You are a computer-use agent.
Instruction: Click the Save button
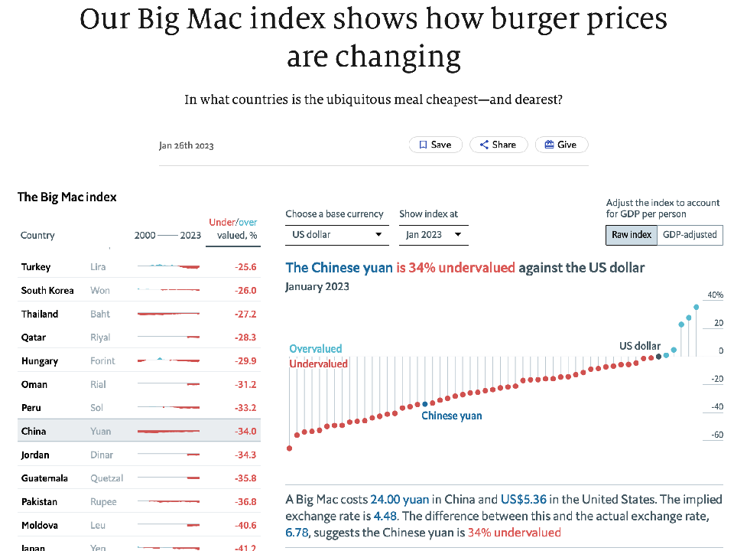pos(435,145)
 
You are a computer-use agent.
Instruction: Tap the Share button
pos(494,145)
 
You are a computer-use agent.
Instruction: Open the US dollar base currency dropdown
pos(336,235)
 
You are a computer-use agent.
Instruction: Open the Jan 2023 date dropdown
pos(434,235)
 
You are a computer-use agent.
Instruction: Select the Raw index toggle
pos(632,235)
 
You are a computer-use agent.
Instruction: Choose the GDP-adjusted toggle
pos(690,235)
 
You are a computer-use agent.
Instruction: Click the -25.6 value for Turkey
pos(245,267)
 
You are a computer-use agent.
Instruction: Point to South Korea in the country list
pos(47,291)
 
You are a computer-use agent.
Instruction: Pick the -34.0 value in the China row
pos(245,432)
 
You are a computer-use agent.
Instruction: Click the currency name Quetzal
pos(106,478)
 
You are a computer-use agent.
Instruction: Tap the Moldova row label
pos(39,526)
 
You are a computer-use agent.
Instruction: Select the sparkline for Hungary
pos(168,360)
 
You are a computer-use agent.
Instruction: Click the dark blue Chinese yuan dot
pos(425,404)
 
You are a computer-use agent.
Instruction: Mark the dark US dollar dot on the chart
pos(658,357)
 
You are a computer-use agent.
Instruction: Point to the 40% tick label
pos(715,295)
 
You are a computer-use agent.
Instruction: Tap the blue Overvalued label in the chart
pos(315,349)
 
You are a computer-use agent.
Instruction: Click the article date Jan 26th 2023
pos(187,145)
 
